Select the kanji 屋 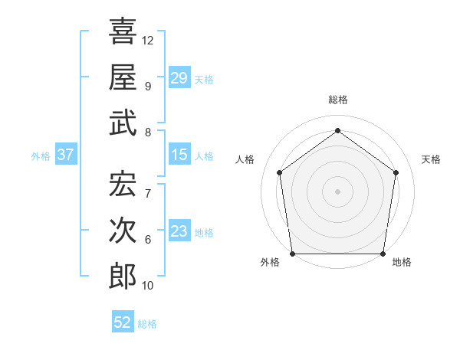click(x=123, y=77)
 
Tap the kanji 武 click(x=123, y=123)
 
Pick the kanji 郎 click(x=123, y=276)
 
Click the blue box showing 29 click(x=179, y=78)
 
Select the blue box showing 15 click(x=179, y=155)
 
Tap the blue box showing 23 click(x=179, y=232)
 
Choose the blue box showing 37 click(x=65, y=155)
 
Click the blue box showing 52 click(x=123, y=322)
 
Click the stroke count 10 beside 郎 click(x=148, y=286)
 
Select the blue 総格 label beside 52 click(x=148, y=324)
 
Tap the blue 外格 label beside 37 click(x=41, y=156)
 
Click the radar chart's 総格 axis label click(x=337, y=100)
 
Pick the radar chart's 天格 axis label click(x=431, y=159)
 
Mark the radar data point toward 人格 click(x=279, y=172)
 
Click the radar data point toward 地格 click(x=383, y=254)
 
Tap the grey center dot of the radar click(x=337, y=191)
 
